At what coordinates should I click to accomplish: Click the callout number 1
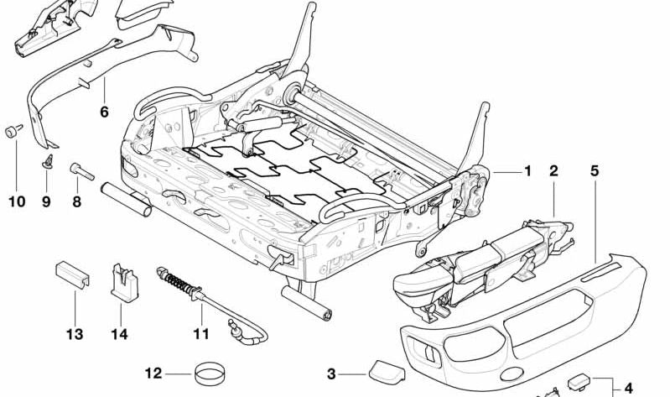527,171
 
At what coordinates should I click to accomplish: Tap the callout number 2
553,171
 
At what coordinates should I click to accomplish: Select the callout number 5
595,171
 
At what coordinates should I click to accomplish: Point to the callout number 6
104,111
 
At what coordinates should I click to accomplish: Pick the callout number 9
46,201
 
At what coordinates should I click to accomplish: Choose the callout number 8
76,201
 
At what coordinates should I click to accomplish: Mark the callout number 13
75,335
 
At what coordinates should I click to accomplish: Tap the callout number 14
120,335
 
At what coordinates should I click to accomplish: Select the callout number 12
153,374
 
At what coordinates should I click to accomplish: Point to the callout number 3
331,374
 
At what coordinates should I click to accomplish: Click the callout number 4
628,388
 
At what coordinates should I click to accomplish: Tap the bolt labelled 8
75,170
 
